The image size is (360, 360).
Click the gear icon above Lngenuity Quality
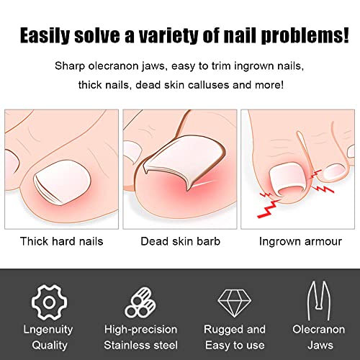coord(49,302)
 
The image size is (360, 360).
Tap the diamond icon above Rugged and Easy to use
coord(235,303)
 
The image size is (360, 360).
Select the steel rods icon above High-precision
coord(140,303)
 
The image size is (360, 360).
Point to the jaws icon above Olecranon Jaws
coord(319,301)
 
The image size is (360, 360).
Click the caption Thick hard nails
coord(62,241)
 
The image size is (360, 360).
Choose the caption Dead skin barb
coord(181,241)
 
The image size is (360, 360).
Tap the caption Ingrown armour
coord(300,241)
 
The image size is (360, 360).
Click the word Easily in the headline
coord(45,35)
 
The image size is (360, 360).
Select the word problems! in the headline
coord(305,35)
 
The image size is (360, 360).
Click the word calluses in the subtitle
coord(209,85)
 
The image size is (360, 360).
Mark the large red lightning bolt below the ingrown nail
coord(269,208)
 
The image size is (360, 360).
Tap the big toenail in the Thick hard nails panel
coord(62,182)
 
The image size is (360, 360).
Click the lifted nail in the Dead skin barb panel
coord(182,161)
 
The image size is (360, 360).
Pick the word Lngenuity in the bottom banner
coord(48,330)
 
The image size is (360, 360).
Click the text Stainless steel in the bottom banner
coord(141,345)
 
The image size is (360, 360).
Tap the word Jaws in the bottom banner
coord(320,345)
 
